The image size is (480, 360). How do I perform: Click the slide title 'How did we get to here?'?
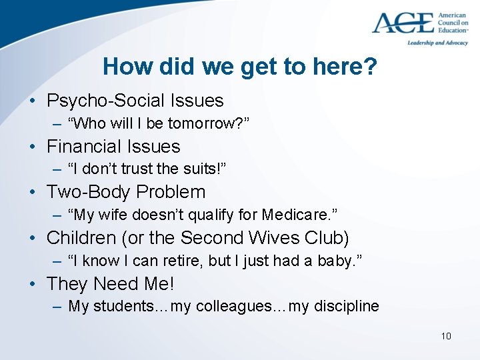coord(239,67)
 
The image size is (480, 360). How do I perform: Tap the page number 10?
coord(446,335)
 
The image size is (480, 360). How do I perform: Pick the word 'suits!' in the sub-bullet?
coord(205,169)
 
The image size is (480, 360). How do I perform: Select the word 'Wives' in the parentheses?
coord(273,238)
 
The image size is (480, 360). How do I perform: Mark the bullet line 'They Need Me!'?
coord(110,284)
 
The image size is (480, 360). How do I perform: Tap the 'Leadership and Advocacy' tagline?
coord(437,43)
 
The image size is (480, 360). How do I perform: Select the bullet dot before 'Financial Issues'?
coord(33,147)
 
